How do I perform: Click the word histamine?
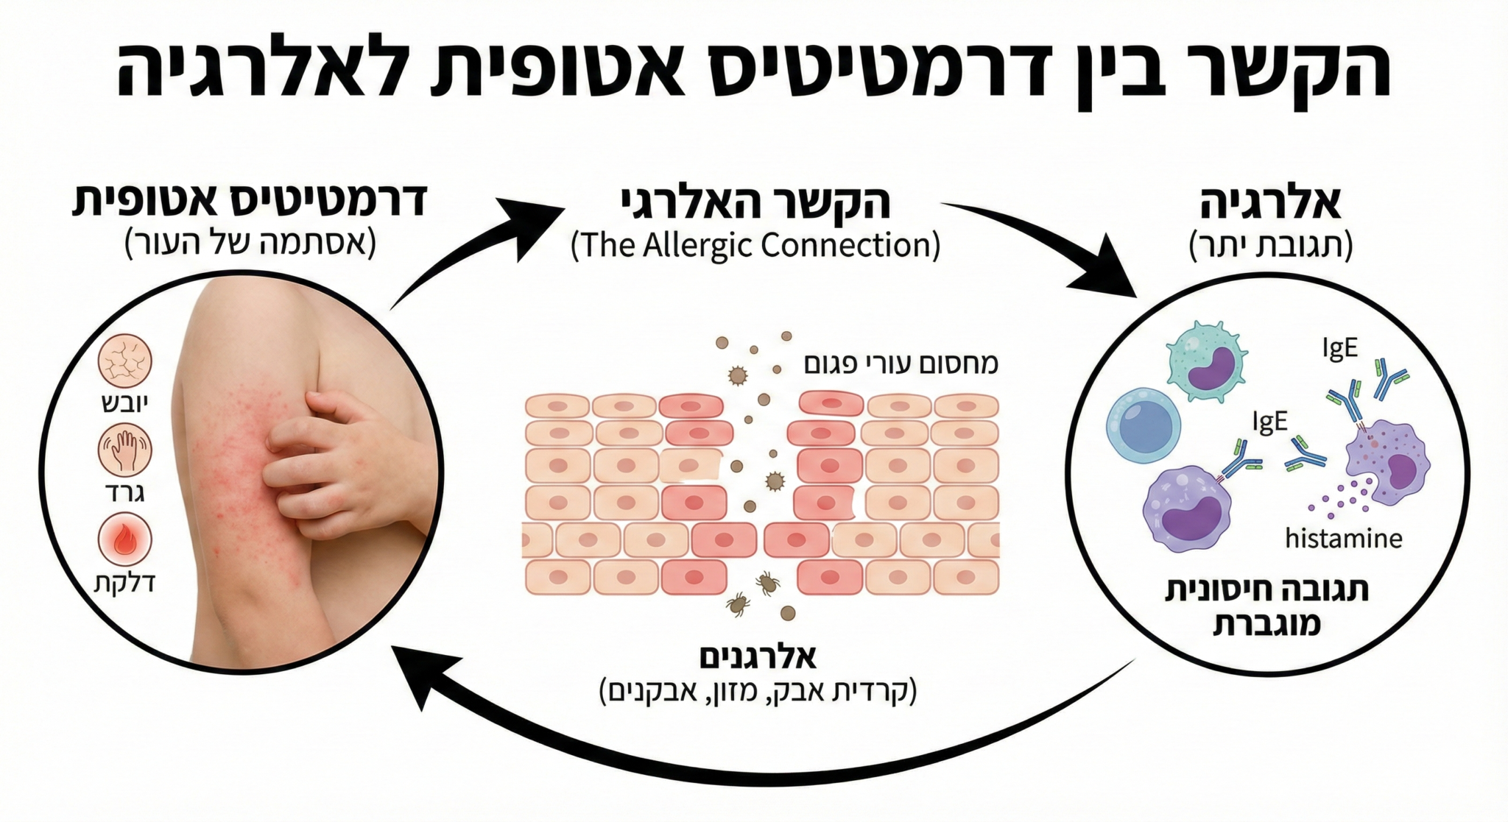(1343, 539)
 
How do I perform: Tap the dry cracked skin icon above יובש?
(124, 361)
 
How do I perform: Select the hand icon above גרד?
(124, 450)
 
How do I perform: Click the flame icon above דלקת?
(124, 539)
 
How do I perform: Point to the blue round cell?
(1144, 426)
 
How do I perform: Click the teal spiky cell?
(1206, 361)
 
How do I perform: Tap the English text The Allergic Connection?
(755, 245)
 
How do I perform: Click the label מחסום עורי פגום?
(901, 364)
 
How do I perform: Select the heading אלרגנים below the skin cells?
(758, 656)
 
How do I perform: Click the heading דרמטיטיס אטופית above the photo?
(250, 200)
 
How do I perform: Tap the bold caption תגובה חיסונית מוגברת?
(1266, 607)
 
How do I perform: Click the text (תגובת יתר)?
(1271, 245)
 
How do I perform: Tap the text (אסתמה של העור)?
(250, 243)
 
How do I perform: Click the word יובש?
(124, 403)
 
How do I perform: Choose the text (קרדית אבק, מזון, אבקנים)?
(758, 692)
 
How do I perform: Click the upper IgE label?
(1339, 347)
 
